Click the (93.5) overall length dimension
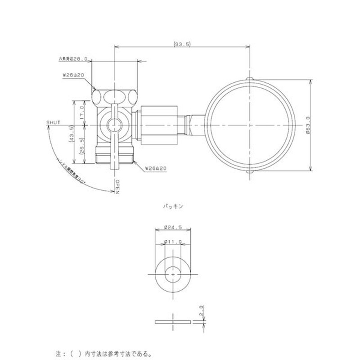tap(182, 44)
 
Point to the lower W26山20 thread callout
tap(156, 168)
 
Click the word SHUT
tap(53, 122)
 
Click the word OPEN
tap(117, 186)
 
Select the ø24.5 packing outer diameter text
tap(173, 227)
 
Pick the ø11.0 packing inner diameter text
tap(173, 242)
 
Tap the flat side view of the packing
tap(172, 322)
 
